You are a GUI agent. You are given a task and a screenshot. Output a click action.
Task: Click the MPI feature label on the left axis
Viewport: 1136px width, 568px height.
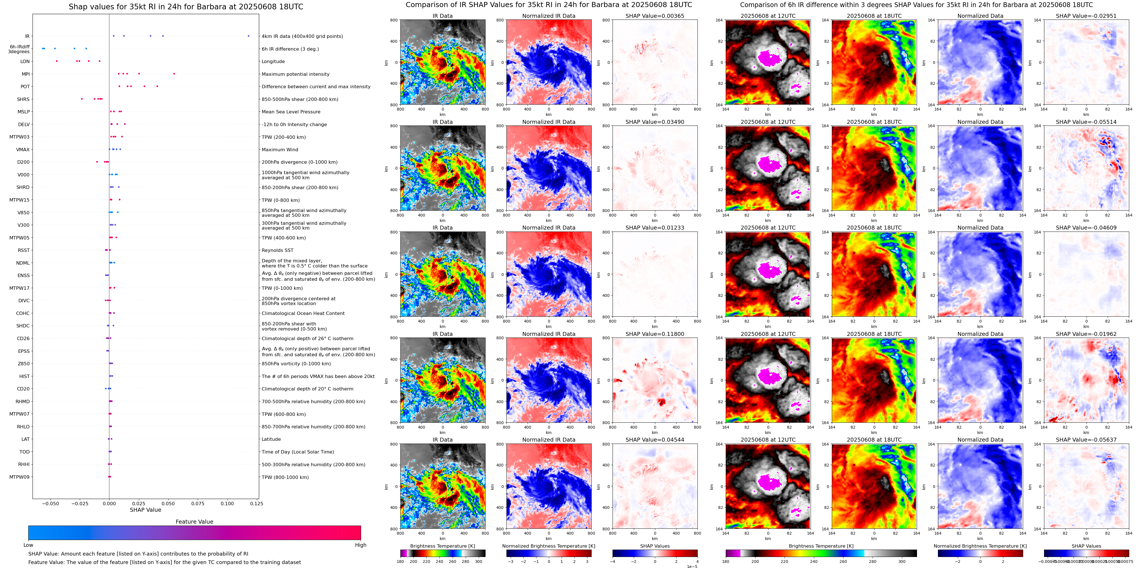[x=25, y=74]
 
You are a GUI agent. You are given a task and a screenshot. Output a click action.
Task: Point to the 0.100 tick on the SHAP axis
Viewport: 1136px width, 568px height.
[x=227, y=503]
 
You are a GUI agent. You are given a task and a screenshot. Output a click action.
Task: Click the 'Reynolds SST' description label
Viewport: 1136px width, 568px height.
[x=277, y=250]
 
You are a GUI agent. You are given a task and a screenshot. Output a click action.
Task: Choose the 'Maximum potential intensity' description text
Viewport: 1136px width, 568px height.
[x=295, y=74]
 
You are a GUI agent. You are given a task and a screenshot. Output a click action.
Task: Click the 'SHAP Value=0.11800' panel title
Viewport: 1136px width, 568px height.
[x=654, y=334]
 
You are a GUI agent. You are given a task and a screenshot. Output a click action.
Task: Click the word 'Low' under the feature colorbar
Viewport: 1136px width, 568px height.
[x=28, y=545]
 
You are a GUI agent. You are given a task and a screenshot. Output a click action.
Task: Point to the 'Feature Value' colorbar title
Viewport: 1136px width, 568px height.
[x=194, y=522]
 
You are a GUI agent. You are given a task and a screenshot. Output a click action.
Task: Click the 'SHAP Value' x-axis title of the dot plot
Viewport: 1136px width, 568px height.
[x=145, y=510]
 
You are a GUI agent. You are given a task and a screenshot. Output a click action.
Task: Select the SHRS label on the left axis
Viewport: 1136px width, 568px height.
[x=23, y=99]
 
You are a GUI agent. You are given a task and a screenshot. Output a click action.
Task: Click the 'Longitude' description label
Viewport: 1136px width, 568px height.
[x=273, y=62]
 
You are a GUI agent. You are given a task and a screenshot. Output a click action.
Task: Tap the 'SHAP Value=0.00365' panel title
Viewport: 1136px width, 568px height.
[x=654, y=16]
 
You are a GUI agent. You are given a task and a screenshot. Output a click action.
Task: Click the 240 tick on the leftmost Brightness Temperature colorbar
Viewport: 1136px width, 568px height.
[x=439, y=561]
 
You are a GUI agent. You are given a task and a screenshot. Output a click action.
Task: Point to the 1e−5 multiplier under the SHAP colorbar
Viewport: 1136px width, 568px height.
[x=692, y=566]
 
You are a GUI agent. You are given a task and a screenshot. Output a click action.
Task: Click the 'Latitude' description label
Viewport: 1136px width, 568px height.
[x=271, y=439]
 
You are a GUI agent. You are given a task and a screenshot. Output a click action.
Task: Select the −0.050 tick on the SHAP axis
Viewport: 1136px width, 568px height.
[x=50, y=503]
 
